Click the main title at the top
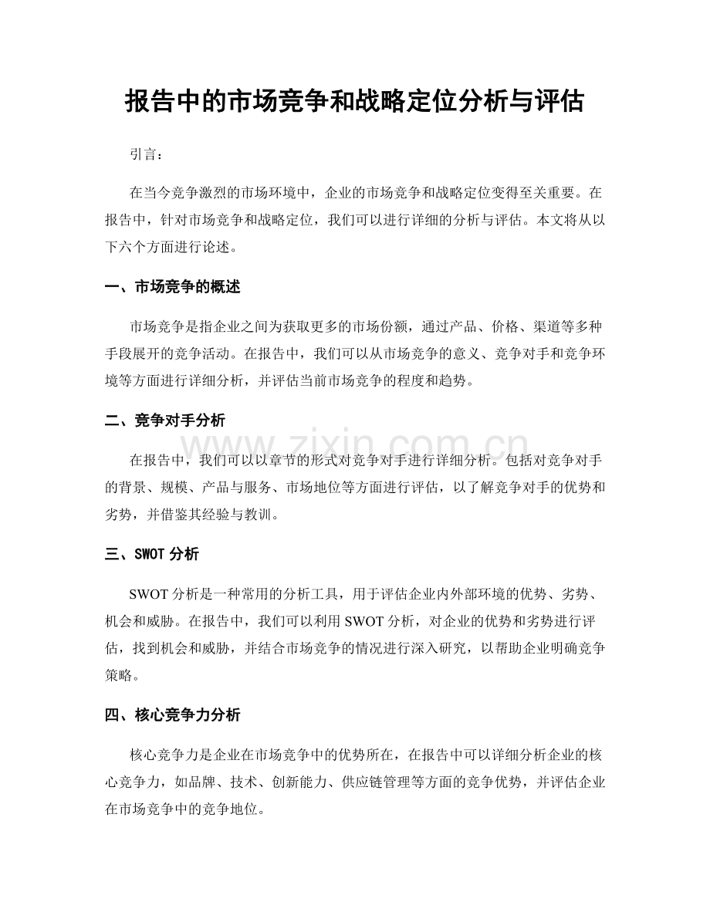click(354, 101)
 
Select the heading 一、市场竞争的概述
click(172, 287)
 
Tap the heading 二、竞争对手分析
click(164, 421)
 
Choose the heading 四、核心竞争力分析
click(172, 715)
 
